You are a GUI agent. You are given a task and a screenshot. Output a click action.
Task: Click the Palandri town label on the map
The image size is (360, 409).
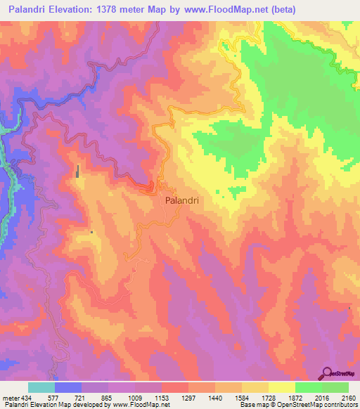coord(181,200)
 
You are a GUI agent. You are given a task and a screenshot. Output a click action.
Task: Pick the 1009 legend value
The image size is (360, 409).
coord(135,397)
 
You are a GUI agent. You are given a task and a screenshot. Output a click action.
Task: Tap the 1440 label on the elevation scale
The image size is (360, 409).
coord(216,397)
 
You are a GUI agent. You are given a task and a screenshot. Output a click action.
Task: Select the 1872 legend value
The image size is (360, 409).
coord(296,397)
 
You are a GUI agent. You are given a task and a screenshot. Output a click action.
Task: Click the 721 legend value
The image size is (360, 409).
coord(82,397)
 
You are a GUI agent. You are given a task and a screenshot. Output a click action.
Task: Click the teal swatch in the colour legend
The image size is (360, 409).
coord(41,387)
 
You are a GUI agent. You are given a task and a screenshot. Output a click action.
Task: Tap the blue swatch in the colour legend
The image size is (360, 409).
coord(68,387)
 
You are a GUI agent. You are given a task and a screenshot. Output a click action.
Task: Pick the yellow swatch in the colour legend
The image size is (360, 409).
coord(281,387)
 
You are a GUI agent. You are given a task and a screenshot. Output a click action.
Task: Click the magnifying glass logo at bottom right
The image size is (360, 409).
coord(328,372)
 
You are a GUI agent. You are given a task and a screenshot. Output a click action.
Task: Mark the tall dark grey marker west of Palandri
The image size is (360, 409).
coord(77,171)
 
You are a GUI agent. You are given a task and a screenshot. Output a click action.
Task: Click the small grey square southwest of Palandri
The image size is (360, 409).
coord(91,231)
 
